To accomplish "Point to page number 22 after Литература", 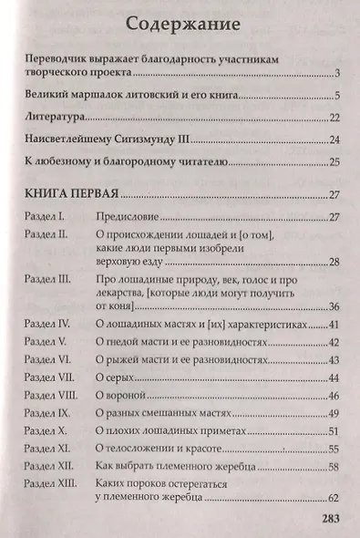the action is pyautogui.click(x=334, y=118).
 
